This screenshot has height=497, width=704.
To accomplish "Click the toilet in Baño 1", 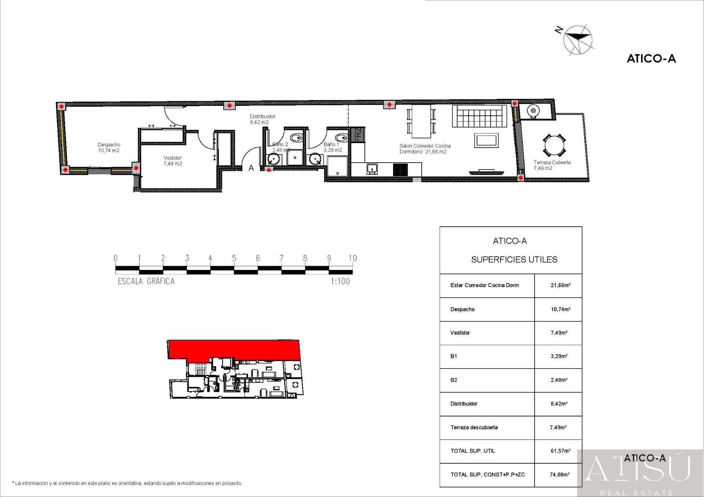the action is point(342,138).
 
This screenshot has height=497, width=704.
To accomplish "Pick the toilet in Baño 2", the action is point(296,138).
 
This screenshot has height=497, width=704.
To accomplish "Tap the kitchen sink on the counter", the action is point(372,169).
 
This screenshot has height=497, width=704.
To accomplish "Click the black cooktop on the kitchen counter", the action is point(400,170).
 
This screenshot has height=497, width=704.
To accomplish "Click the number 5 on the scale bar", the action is point(234,258).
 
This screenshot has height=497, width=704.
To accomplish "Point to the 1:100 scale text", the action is point(340,281).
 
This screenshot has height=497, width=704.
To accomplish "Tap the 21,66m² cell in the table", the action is point(560,285).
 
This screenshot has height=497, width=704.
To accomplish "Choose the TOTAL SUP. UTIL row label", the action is point(473,451).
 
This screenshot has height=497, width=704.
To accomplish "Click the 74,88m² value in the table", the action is point(560,475).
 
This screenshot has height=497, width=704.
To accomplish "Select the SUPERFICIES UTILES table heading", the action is point(514,260).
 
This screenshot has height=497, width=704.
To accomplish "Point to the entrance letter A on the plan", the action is point(251,168).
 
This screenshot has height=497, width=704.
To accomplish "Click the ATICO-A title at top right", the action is point(651,59).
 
